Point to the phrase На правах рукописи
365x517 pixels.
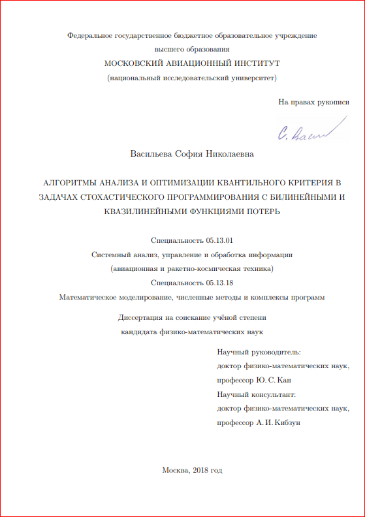313,102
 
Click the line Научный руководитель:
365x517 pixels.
259,352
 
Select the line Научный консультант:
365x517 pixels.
257,394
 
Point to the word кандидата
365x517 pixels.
136,332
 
